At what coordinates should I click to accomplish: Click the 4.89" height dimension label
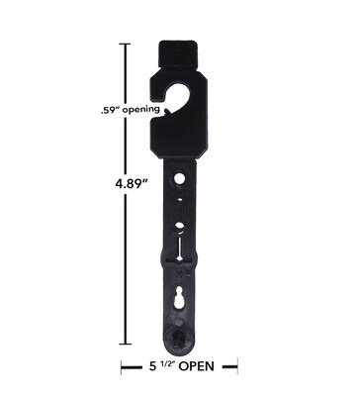coord(131,183)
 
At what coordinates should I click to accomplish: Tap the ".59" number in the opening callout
coord(110,109)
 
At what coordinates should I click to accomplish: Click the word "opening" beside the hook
coord(140,110)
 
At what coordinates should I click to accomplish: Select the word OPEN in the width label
coord(196,366)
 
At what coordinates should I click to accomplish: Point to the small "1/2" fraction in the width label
coord(167,363)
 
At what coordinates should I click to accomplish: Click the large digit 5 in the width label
coord(152,366)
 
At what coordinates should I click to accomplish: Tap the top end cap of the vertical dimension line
coord(125,44)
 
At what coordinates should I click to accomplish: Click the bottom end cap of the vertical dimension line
coord(125,345)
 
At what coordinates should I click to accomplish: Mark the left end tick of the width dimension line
coord(122,366)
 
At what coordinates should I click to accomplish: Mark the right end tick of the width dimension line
coord(237,366)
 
